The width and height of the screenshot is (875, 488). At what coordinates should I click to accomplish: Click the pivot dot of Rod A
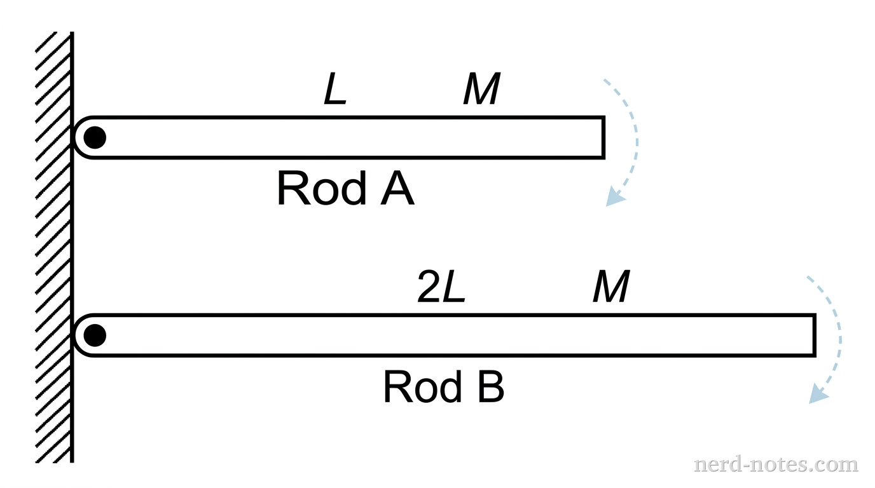pyautogui.click(x=95, y=137)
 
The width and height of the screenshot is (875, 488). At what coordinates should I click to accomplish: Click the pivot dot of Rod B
pyautogui.click(x=95, y=335)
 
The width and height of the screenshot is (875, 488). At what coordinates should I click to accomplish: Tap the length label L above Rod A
pyautogui.click(x=335, y=91)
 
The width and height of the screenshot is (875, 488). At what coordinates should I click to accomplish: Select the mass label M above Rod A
pyautogui.click(x=481, y=91)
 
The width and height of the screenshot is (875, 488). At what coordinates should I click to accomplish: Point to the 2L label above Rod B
pyautogui.click(x=441, y=288)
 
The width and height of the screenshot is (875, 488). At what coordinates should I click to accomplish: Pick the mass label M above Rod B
pyautogui.click(x=611, y=288)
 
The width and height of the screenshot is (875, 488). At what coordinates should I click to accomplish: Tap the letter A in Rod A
pyautogui.click(x=397, y=189)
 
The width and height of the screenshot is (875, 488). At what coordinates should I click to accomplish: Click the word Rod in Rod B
pyautogui.click(x=422, y=388)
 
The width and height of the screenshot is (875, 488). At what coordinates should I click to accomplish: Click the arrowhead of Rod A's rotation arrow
pyautogui.click(x=614, y=198)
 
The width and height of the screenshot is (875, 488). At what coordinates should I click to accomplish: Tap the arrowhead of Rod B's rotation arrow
pyautogui.click(x=818, y=395)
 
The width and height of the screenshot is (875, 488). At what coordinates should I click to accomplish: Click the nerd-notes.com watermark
pyautogui.click(x=776, y=464)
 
